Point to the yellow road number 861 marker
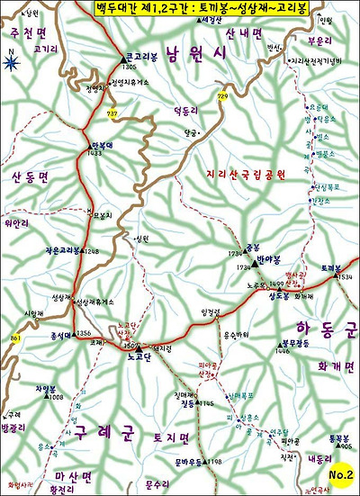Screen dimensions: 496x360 click(15, 338)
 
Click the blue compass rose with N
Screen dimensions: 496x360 click(12, 61)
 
